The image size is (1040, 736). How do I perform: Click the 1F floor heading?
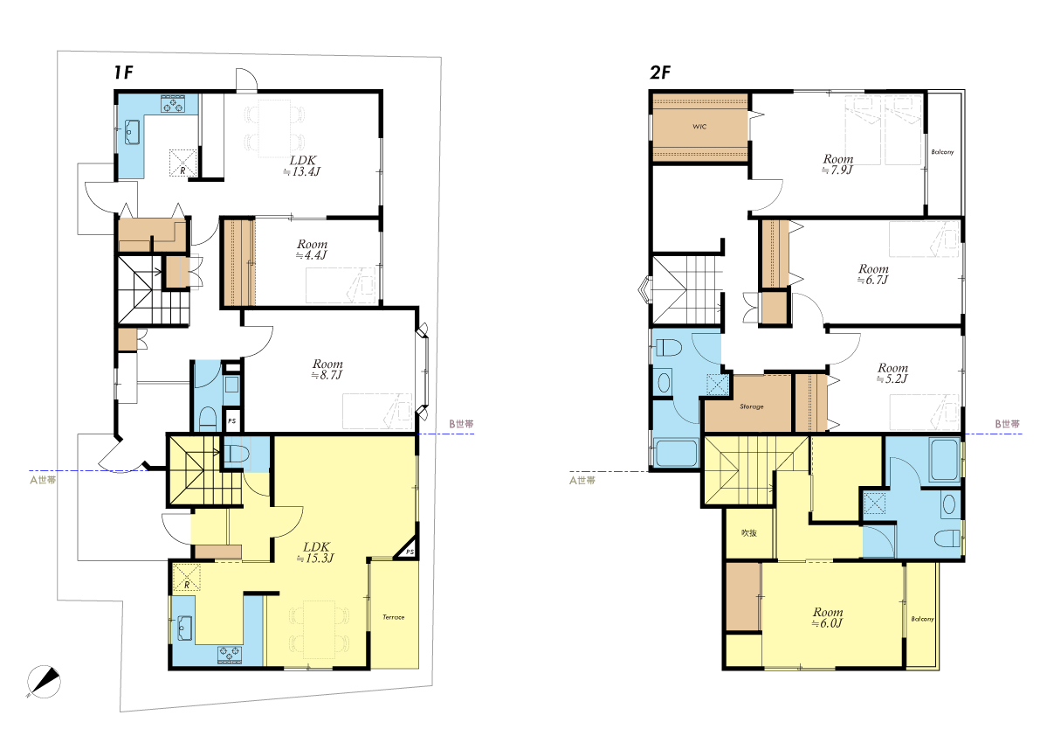pos(123,73)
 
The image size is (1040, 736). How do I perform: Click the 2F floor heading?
pos(660,73)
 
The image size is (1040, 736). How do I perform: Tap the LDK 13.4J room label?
pos(303,166)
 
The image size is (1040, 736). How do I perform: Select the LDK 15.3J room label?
pos(316,552)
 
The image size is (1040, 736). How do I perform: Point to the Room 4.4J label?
pos(312,249)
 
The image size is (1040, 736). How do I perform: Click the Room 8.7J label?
pos(327,369)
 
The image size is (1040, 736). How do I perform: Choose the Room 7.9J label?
pos(837,164)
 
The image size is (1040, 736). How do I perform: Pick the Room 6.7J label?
pos(873,274)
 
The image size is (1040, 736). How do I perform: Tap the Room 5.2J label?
pos(892,373)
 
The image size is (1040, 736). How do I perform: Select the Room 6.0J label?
pos(828,617)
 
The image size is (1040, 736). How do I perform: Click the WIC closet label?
pos(699,127)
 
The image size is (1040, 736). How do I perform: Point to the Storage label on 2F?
pos(752,406)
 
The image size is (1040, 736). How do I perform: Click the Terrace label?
pos(393,617)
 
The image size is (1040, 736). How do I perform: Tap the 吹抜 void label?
pos(749,533)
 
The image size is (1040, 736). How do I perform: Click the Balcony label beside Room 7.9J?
pos(942,152)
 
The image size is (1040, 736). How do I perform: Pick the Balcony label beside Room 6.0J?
pos(922,619)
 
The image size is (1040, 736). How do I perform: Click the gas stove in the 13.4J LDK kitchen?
pos(172,103)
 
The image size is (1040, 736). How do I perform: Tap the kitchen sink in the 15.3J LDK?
pos(183,628)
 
